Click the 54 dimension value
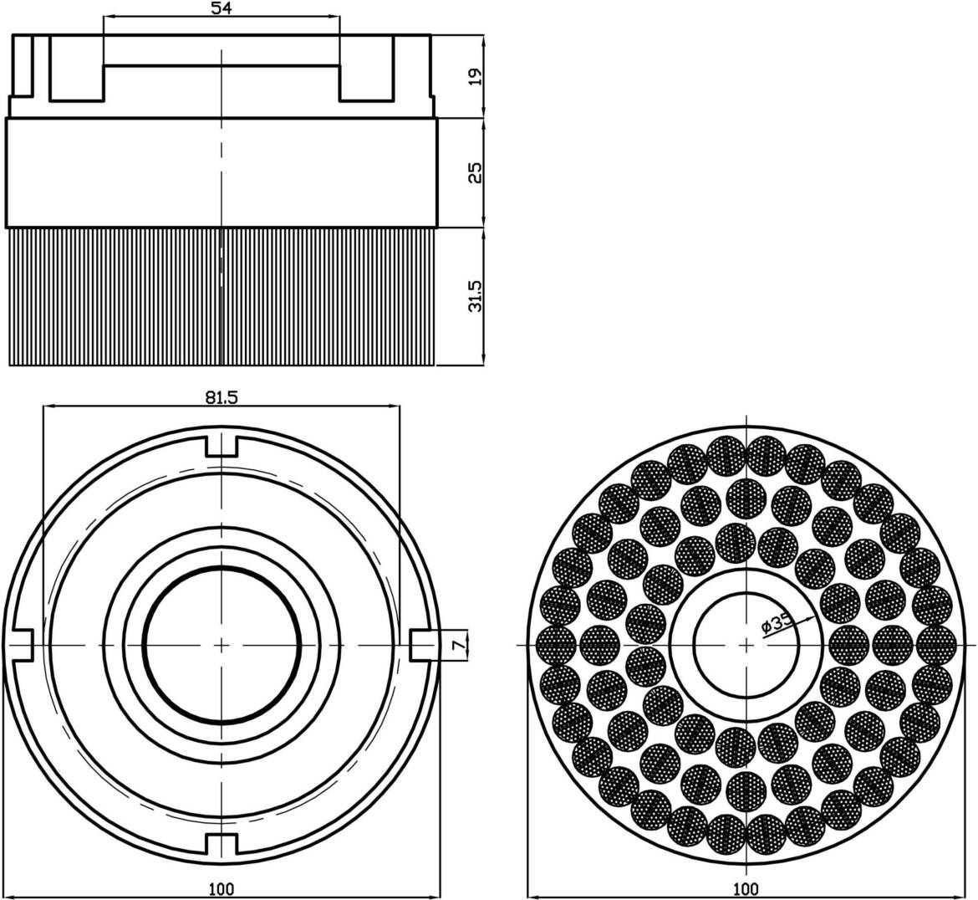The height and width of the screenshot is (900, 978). pos(222,8)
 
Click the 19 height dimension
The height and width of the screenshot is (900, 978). pos(476,76)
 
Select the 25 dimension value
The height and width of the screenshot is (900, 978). pos(476,172)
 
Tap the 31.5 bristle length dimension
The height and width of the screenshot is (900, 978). pos(476,296)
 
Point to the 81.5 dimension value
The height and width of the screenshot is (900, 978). pos(222,397)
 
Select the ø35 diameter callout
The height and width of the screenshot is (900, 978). pos(777,623)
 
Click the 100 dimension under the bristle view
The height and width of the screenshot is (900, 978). pos(746,887)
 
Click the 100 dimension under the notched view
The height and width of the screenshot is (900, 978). pos(222,887)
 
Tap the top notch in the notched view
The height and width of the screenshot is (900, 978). pos(222,447)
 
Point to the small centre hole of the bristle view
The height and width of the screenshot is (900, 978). pos(746,645)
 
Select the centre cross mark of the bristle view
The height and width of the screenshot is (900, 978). pos(746,645)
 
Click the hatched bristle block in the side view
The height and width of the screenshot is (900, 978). pos(222,296)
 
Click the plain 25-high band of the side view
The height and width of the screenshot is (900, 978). pos(222,173)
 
